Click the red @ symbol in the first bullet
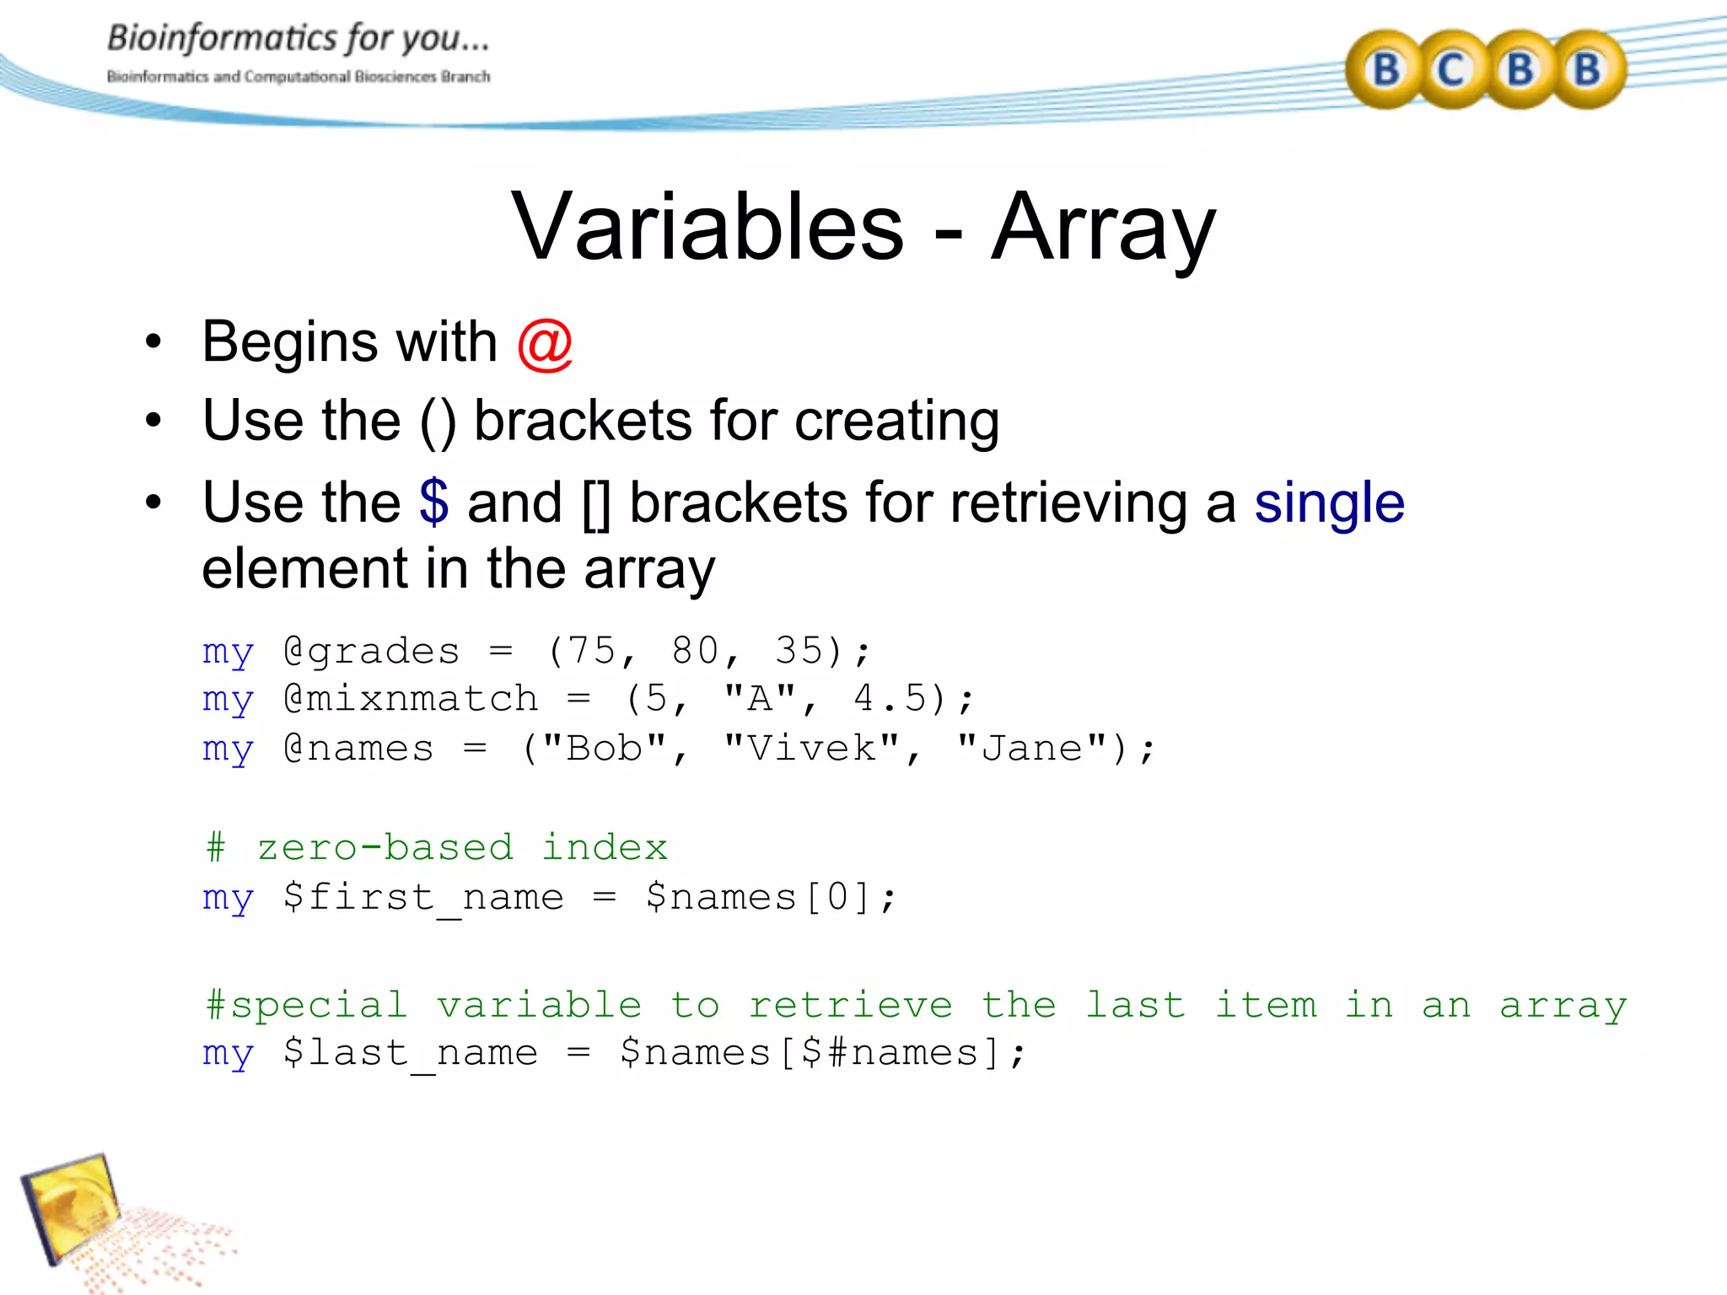[x=545, y=344]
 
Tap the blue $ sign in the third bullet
[x=434, y=502]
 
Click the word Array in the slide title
[x=1103, y=228]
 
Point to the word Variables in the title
[x=708, y=228]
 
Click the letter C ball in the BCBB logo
[x=1450, y=70]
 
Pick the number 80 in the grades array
[x=697, y=651]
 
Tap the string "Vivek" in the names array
[x=812, y=749]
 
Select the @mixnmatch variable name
[x=411, y=699]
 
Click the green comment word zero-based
[x=385, y=847]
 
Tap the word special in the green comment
[x=319, y=1005]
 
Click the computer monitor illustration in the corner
[x=72, y=1206]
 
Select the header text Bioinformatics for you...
[x=298, y=39]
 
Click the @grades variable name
[x=372, y=651]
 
